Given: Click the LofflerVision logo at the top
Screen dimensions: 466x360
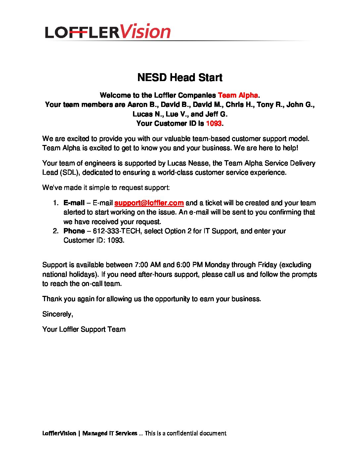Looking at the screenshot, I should click(x=108, y=32).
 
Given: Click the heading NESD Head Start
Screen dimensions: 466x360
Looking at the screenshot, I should click(x=180, y=78).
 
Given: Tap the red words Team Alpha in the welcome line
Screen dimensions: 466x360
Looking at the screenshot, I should click(x=238, y=95).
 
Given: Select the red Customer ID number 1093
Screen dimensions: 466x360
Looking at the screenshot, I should click(x=213, y=123).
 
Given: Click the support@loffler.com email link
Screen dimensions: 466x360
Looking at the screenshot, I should click(x=149, y=203).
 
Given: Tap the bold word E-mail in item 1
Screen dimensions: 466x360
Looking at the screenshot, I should click(x=74, y=203).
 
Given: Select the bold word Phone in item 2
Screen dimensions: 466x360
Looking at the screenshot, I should click(x=74, y=231).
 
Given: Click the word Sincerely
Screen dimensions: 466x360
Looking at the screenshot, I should click(x=58, y=314).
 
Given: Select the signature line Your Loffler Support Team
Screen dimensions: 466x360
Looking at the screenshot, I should click(x=84, y=329).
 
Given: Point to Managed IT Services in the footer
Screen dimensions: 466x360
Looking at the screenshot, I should click(x=110, y=433).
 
